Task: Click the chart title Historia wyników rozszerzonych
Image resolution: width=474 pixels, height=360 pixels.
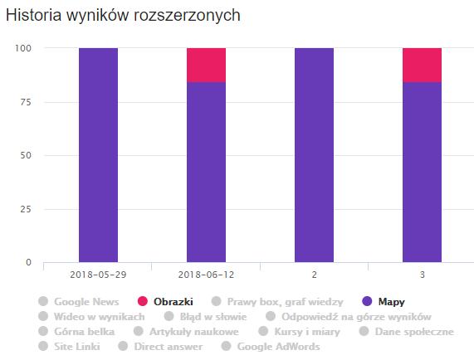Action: tap(124, 16)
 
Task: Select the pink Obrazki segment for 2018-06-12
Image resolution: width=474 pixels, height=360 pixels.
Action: tap(206, 66)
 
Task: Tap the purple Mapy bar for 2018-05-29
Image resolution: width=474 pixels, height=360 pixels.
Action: tap(98, 155)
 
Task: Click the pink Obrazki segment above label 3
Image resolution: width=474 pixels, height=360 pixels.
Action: tap(422, 66)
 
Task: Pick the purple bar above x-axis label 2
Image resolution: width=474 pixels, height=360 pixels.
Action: tap(314, 155)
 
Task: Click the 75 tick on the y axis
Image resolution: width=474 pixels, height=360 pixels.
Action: tap(26, 102)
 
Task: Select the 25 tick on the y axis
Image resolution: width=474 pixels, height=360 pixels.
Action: tap(26, 209)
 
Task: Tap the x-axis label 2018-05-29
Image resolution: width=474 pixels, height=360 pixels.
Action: tap(98, 273)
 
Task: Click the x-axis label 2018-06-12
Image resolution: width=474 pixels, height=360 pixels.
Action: tap(206, 273)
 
